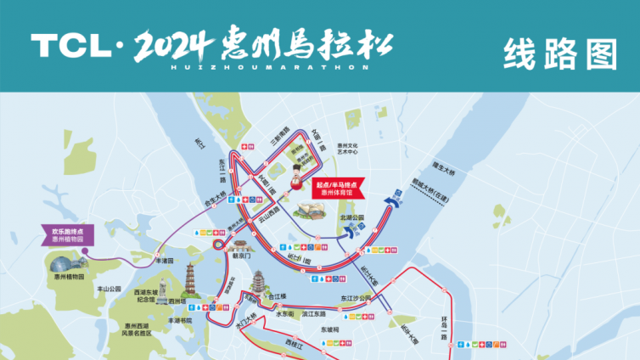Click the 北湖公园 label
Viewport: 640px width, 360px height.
pyautogui.click(x=351, y=217)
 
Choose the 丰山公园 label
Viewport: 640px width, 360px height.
pyautogui.click(x=110, y=289)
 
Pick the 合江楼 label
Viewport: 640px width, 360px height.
pyautogui.click(x=278, y=298)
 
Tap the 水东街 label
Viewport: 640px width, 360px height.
pyautogui.click(x=284, y=314)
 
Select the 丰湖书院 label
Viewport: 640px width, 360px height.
pyautogui.click(x=174, y=321)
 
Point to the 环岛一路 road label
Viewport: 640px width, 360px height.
pyautogui.click(x=443, y=326)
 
